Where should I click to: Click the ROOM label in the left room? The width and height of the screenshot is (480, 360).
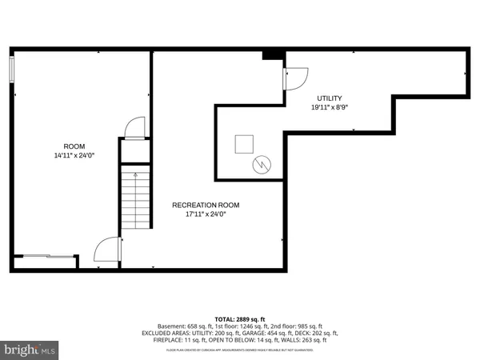click(x=74, y=146)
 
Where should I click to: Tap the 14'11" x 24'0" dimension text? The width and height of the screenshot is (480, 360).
click(x=74, y=156)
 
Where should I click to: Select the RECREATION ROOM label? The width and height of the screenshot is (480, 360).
click(x=206, y=205)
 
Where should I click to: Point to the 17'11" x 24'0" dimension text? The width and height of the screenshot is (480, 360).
click(x=206, y=214)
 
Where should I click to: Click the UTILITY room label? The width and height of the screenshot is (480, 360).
click(x=330, y=97)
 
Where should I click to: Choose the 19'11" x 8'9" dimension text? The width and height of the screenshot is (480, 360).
click(x=330, y=106)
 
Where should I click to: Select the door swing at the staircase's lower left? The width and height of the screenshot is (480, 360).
click(x=107, y=250)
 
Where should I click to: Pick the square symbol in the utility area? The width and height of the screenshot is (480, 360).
click(x=244, y=144)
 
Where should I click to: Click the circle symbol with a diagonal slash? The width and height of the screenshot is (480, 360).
click(x=262, y=165)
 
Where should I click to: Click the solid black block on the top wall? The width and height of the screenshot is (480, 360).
click(x=274, y=54)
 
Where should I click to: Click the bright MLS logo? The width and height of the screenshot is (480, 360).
click(x=30, y=350)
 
